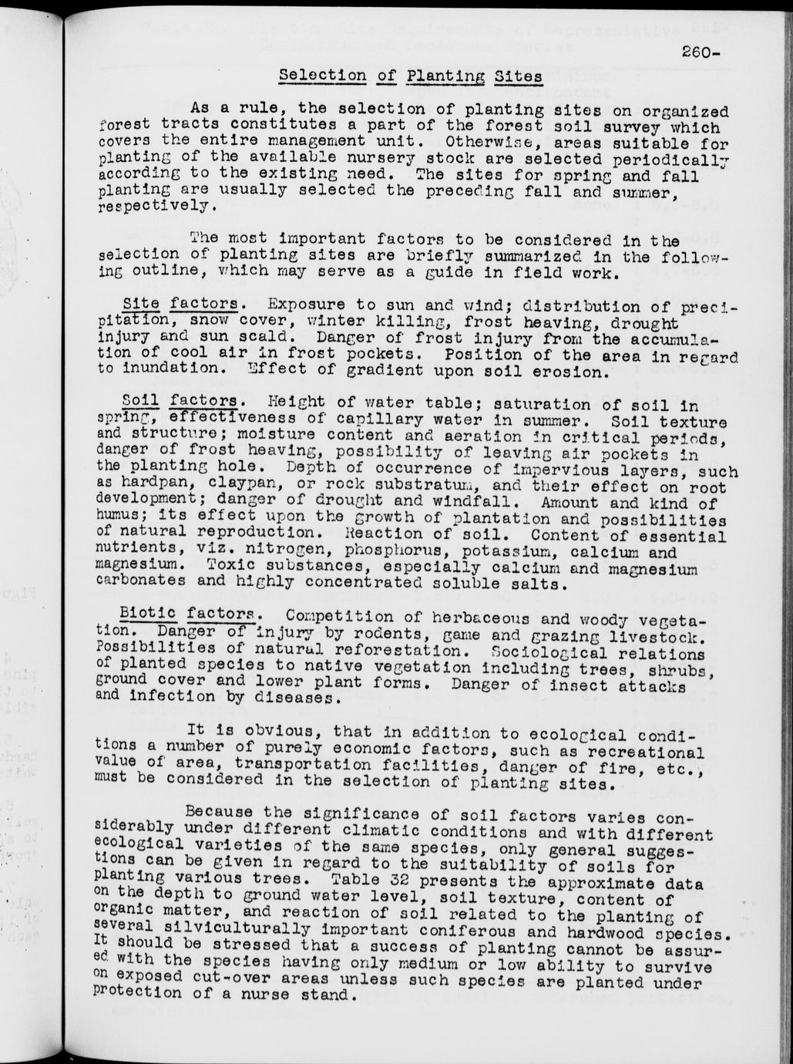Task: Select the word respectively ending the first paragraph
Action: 153,207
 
